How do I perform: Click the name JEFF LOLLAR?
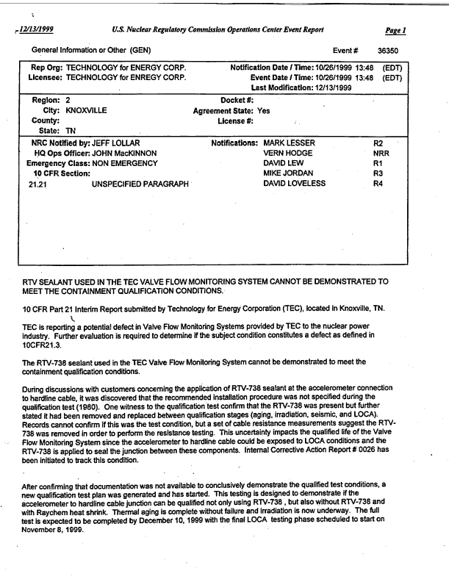113,142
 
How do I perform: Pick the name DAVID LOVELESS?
294,183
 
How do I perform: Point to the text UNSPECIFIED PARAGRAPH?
140,184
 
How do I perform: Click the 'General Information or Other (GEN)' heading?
91,50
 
